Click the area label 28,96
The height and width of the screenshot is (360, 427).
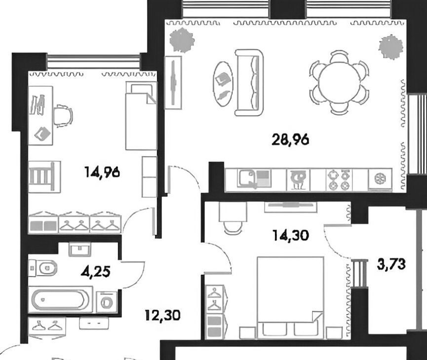point(291,140)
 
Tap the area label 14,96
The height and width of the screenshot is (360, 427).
point(102,172)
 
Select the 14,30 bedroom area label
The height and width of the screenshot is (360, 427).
point(291,235)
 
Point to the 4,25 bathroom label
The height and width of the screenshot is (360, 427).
point(96,271)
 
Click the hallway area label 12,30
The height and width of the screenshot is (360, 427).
point(162,316)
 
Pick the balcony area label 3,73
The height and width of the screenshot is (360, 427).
point(391,264)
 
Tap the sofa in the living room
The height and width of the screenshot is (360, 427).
point(249,83)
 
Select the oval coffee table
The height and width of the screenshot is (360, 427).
point(223,84)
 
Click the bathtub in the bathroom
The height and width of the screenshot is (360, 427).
point(59,300)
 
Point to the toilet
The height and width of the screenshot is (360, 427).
point(43,268)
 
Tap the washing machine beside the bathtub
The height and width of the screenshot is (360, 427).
point(107,301)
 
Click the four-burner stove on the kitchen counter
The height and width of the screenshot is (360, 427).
point(339,180)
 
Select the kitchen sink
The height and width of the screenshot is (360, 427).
point(254,179)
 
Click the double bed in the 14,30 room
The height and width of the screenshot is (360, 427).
point(290,298)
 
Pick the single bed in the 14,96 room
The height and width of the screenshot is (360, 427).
point(141,116)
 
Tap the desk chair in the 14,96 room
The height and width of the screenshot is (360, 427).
point(63,116)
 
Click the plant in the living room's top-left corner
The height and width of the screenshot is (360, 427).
point(182,40)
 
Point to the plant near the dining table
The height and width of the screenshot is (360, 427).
point(391,47)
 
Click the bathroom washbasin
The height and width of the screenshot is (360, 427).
point(80,250)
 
